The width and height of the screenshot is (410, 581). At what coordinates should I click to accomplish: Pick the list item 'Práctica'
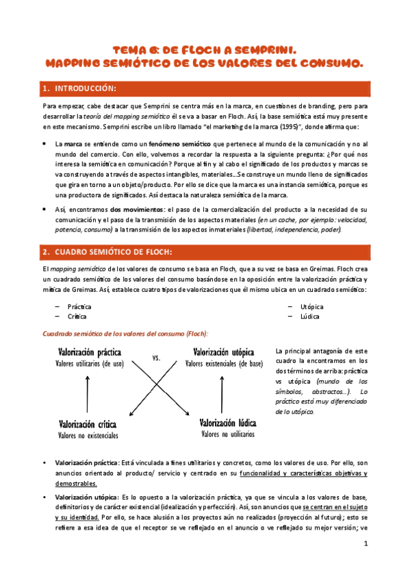[x=79, y=306]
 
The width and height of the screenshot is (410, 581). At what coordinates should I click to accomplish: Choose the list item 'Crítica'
[x=77, y=317]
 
